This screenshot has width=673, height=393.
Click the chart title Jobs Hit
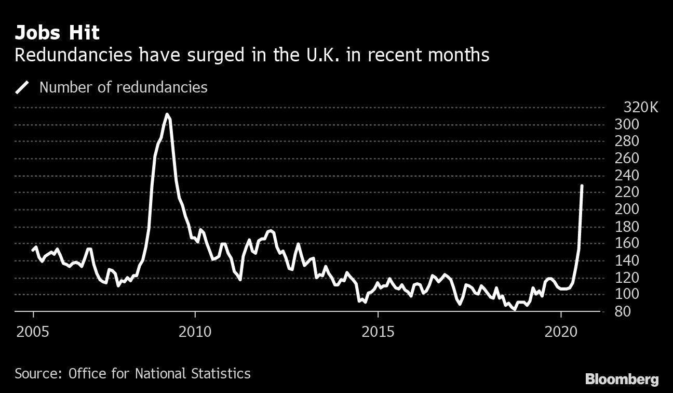57,33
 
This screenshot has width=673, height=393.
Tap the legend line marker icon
23,87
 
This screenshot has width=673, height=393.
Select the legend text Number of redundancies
123,87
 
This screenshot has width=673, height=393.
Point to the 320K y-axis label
640,108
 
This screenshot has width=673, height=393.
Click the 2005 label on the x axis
34,331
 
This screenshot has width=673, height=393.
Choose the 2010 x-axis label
195,331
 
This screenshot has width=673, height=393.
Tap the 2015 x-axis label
378,331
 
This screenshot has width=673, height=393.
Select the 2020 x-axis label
561,331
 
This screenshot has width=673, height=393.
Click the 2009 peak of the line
167,114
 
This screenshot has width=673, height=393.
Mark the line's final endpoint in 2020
582,186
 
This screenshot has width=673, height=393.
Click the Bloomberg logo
622,378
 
